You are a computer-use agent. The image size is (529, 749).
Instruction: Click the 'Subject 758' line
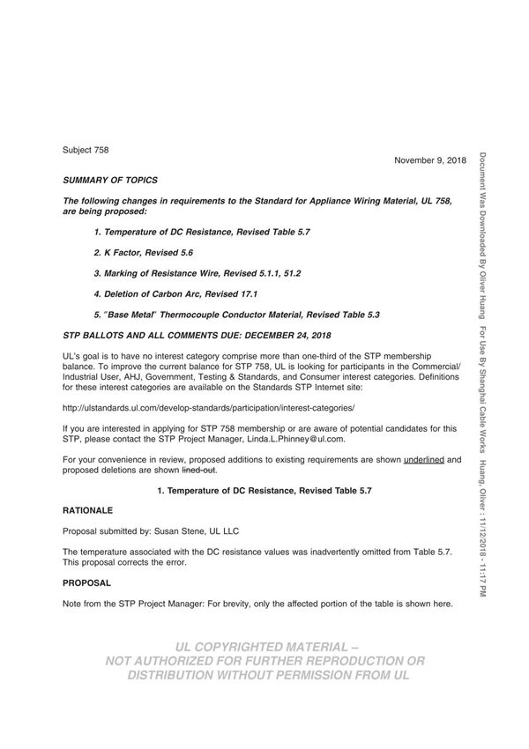tap(86, 150)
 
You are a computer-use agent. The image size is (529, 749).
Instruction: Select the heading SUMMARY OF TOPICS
tap(110, 180)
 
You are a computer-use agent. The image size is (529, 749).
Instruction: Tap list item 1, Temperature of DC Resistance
tap(202, 231)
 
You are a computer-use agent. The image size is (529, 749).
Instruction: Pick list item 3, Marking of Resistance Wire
tap(197, 273)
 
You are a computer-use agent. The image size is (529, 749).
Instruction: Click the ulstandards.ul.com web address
tap(208, 409)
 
